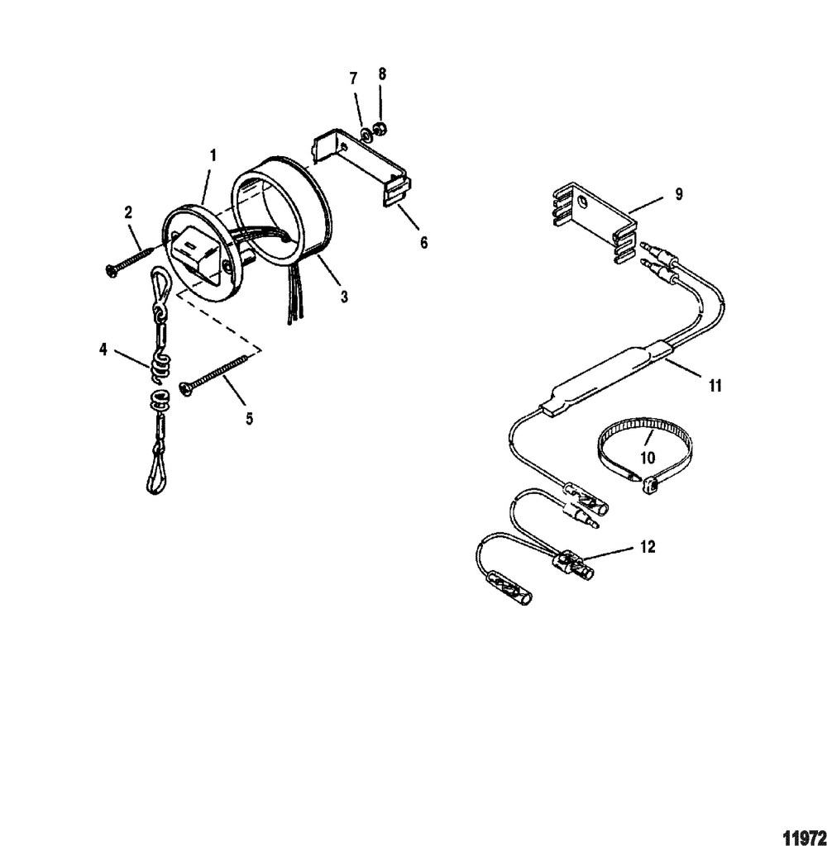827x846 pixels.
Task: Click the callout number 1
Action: [x=213, y=156]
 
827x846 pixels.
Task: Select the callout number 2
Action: [x=128, y=212]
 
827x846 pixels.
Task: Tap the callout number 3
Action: [x=344, y=297]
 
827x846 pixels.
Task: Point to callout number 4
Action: [x=103, y=349]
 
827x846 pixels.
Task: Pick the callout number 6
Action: [x=423, y=243]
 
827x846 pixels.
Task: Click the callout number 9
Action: [x=679, y=194]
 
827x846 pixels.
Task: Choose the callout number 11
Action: [x=715, y=386]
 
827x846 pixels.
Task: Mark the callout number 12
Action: [x=648, y=547]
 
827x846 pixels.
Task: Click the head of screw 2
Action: [x=111, y=270]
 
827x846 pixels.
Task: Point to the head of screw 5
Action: [x=186, y=390]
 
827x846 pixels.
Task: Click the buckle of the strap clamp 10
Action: [x=648, y=486]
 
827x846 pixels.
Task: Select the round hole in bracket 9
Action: [x=581, y=203]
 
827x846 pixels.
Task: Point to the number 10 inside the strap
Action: [x=647, y=458]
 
